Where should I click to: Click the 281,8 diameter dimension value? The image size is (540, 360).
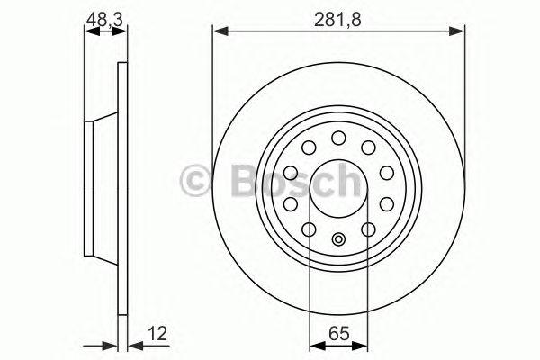click(337, 20)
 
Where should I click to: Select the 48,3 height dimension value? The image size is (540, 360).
click(104, 20)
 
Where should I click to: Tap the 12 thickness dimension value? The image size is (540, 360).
click(157, 334)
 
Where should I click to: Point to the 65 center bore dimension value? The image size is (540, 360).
click(339, 334)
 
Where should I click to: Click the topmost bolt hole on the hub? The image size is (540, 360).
click(338, 138)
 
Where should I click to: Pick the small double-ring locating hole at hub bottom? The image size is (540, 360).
click(338, 239)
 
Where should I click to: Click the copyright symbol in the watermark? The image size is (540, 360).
click(195, 181)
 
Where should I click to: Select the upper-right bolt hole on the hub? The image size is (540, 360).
click(368, 148)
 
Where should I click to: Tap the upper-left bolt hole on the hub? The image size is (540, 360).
click(309, 148)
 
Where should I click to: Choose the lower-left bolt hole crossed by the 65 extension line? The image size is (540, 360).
click(309, 229)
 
